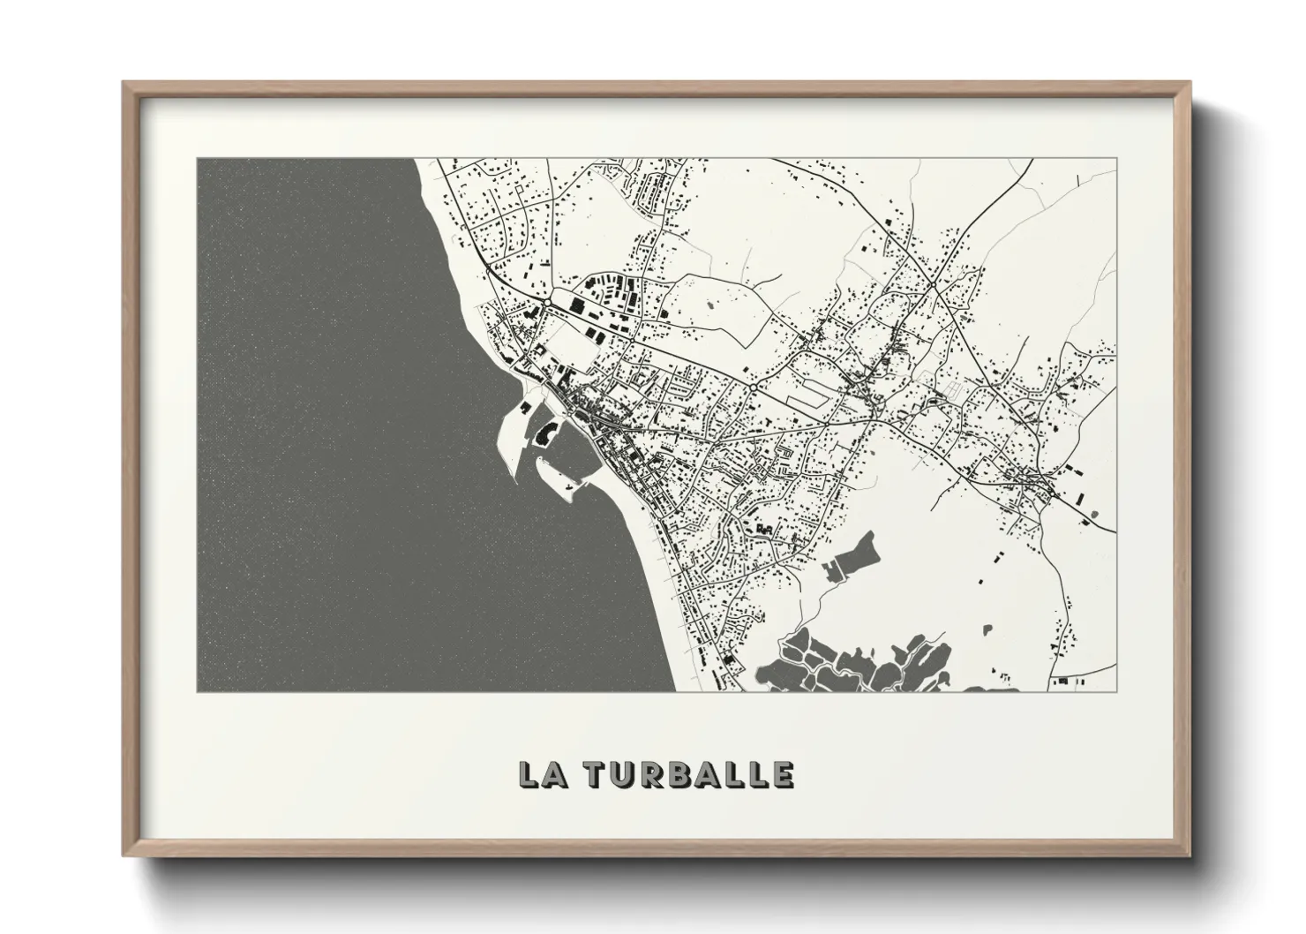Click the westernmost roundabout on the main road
546,303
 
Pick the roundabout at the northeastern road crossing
932,285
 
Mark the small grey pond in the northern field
711,305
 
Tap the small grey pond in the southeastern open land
987,630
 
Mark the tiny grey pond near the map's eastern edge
1094,514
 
